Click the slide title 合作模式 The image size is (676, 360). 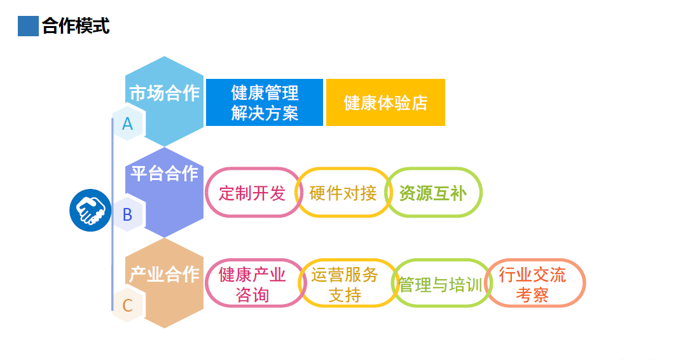[76, 26]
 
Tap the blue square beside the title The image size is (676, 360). [28, 26]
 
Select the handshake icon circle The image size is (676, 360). [90, 211]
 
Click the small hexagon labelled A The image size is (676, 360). [128, 124]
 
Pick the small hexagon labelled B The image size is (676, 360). [128, 215]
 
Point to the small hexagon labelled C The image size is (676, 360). [128, 306]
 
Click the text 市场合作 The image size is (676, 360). [164, 93]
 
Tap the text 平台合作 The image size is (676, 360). [164, 173]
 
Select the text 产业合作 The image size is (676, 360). [164, 274]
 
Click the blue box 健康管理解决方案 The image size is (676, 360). [265, 102]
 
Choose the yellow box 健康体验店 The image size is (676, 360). [385, 102]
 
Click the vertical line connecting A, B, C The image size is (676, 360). [113, 214]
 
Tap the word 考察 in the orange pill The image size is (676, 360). [532, 295]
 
